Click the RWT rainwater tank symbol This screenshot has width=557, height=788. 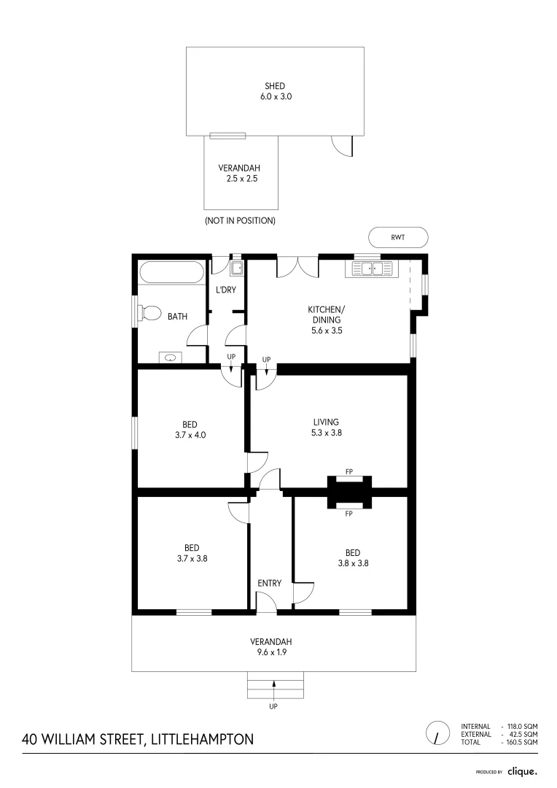398,237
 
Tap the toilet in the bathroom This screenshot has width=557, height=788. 149,313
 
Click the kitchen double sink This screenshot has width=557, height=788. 373,269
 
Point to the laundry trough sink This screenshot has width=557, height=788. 236,269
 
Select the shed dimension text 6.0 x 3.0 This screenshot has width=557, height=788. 275,96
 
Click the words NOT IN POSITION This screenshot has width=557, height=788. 240,220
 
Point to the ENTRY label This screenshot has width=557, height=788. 269,583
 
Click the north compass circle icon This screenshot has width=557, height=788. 437,733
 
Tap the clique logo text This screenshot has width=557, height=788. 522,771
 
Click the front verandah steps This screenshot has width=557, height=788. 274,687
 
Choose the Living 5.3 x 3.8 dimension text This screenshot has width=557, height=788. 327,433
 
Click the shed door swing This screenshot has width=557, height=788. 342,146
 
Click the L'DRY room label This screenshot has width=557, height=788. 225,290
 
